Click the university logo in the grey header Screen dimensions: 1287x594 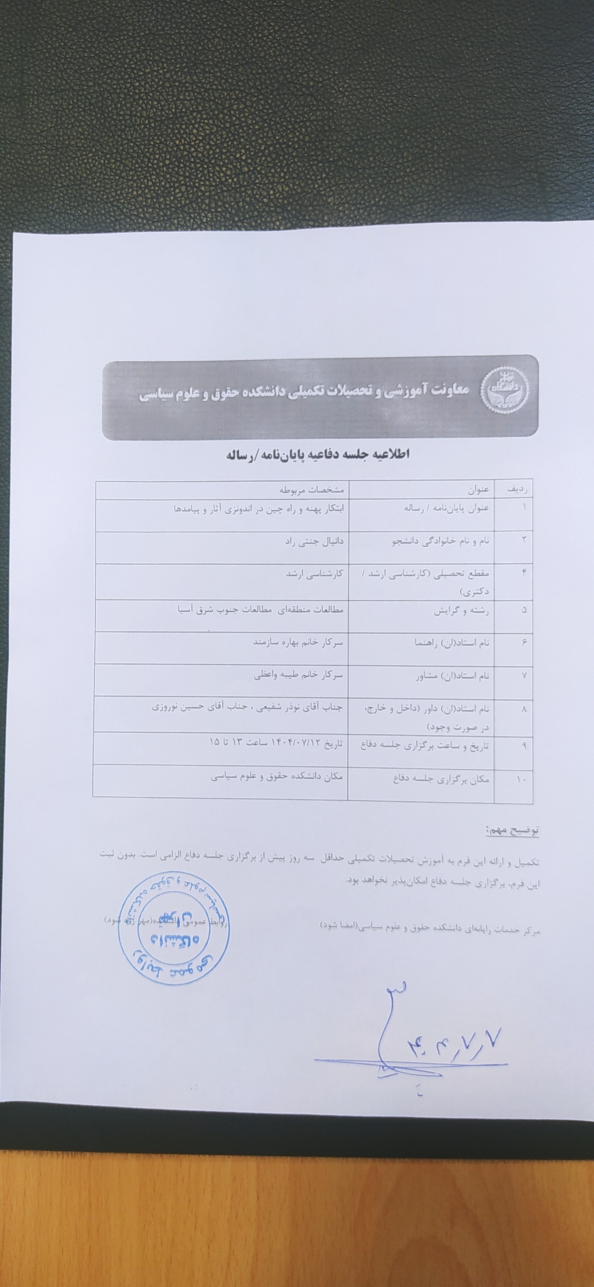(x=504, y=392)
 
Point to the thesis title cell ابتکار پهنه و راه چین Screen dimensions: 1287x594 (x=257, y=509)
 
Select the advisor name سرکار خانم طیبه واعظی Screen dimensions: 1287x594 (x=299, y=675)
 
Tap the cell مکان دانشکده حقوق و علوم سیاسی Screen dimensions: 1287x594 (x=277, y=776)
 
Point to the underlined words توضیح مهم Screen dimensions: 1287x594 (x=512, y=831)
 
